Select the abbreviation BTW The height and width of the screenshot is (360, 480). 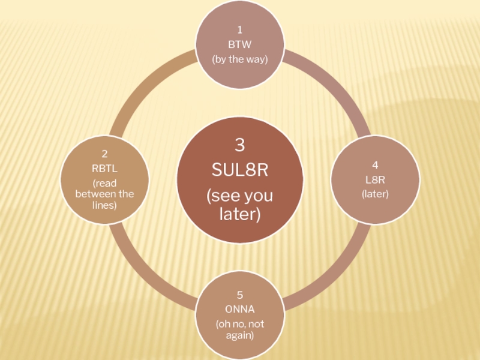[239, 44]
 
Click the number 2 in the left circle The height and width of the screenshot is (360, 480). [104, 154]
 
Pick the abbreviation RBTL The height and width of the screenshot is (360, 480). [104, 169]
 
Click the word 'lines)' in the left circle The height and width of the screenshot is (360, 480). [104, 205]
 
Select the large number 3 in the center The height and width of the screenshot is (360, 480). [239, 145]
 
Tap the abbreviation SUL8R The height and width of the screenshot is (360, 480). [239, 170]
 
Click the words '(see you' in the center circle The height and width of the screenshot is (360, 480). [239, 196]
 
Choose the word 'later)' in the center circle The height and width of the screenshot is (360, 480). [239, 214]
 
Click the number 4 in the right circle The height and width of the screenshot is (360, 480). [375, 164]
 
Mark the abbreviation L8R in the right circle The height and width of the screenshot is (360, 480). [375, 179]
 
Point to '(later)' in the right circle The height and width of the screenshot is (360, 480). [375, 194]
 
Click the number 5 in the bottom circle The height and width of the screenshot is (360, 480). [239, 295]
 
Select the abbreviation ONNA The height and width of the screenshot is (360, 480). [239, 309]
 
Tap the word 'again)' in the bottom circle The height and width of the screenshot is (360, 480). [239, 335]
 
